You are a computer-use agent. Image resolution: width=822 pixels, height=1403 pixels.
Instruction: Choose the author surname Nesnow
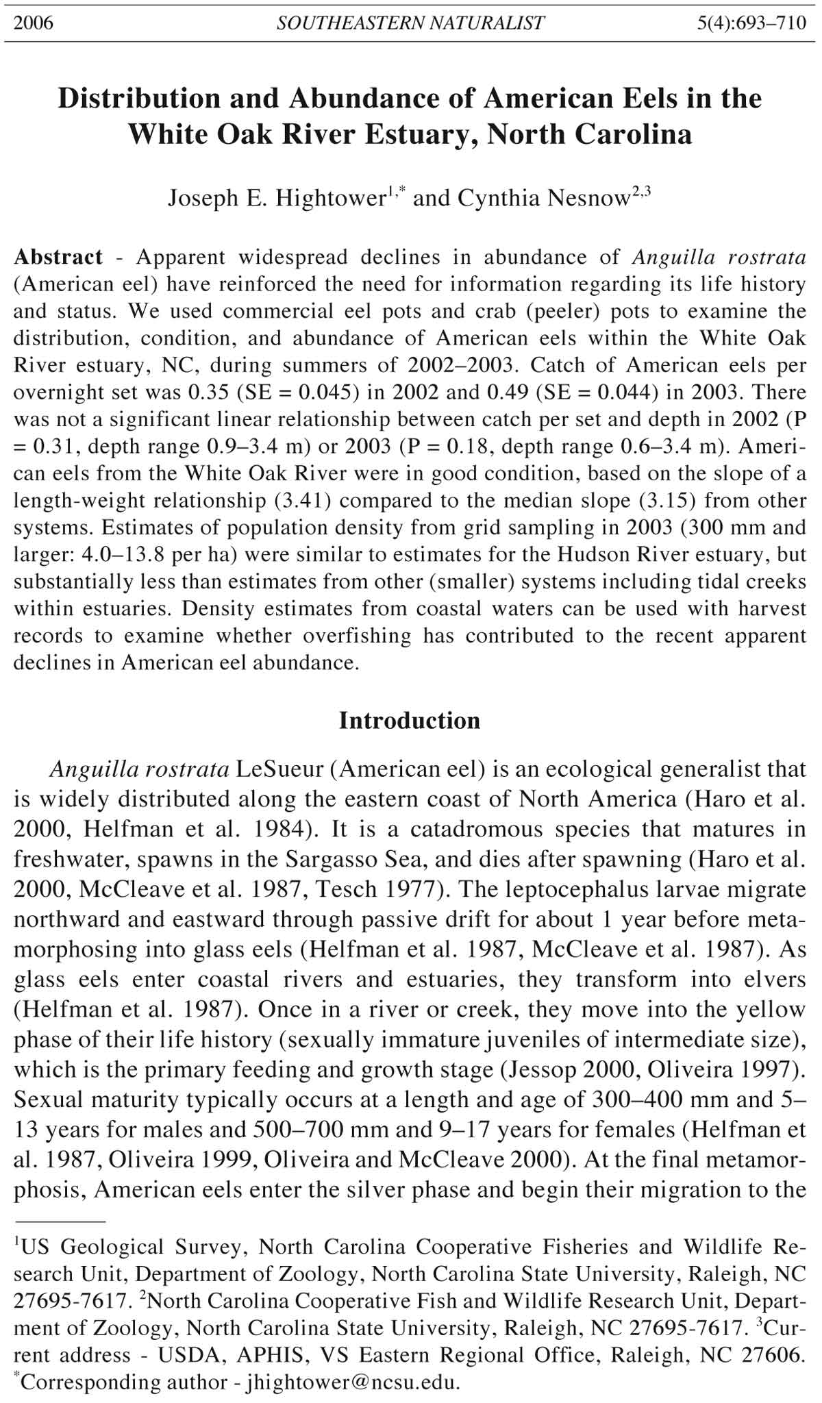point(589,199)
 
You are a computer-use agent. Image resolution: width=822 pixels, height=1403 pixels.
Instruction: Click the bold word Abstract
point(58,258)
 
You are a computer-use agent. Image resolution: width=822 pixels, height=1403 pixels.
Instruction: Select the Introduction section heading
point(410,721)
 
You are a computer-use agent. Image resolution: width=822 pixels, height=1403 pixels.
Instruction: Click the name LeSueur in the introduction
point(279,769)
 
